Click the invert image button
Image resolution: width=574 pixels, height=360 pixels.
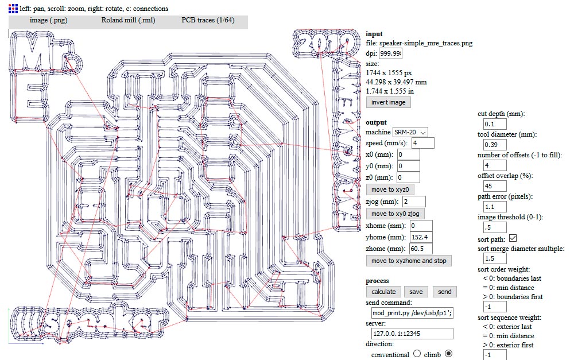click(388, 102)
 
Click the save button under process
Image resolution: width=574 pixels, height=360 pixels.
click(416, 292)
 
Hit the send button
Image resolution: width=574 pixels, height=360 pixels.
click(445, 292)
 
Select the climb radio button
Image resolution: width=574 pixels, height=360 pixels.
click(449, 354)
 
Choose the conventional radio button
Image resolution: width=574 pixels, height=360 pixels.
click(417, 354)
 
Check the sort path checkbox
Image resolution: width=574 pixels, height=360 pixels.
click(513, 238)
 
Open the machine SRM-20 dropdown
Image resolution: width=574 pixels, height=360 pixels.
click(410, 132)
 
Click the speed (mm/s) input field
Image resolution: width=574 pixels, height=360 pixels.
click(422, 143)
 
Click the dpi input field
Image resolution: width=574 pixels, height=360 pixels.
click(390, 53)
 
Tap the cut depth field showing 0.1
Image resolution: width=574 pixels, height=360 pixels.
click(495, 124)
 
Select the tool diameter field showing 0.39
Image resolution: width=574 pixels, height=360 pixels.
click(495, 145)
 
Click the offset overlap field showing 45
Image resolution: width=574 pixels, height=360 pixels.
click(495, 186)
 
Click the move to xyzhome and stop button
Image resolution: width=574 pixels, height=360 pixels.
click(408, 261)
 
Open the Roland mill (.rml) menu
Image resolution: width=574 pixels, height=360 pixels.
click(124, 20)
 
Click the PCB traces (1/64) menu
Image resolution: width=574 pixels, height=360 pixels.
click(207, 20)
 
